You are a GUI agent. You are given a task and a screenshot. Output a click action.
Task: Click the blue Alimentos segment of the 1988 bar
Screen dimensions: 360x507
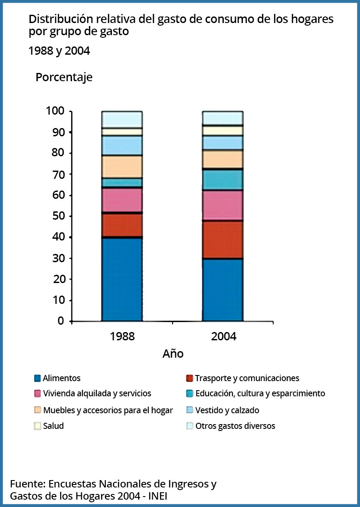[122, 280]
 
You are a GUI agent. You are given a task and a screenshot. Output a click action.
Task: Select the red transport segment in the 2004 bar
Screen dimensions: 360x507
[223, 240]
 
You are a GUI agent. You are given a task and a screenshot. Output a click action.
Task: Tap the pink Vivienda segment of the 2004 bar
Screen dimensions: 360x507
[223, 205]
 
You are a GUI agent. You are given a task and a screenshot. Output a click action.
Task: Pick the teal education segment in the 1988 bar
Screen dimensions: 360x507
[122, 182]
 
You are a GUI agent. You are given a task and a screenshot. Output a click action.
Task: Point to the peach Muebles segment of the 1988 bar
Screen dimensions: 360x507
[122, 167]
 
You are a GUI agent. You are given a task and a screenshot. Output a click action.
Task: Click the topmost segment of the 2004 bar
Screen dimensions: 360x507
[223, 118]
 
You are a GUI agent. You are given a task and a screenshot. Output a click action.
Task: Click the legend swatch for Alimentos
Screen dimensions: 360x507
[37, 379]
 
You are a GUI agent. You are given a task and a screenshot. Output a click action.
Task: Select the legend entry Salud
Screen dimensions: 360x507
[49, 426]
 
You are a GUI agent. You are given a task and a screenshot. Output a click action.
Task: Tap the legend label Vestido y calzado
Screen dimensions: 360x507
[227, 410]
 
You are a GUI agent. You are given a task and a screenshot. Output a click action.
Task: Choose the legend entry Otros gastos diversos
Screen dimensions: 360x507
[231, 426]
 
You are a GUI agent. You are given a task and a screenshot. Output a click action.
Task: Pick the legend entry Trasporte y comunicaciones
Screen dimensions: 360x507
[243, 379]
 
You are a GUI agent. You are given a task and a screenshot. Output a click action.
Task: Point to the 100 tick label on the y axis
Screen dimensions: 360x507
[55, 111]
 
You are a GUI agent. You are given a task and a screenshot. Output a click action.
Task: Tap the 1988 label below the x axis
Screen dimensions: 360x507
[122, 336]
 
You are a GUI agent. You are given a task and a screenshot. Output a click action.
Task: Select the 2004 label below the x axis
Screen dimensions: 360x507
[224, 336]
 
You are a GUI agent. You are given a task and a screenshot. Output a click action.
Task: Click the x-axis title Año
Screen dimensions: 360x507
[173, 353]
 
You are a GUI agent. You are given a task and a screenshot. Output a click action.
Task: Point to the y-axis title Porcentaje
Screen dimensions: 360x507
[64, 78]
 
